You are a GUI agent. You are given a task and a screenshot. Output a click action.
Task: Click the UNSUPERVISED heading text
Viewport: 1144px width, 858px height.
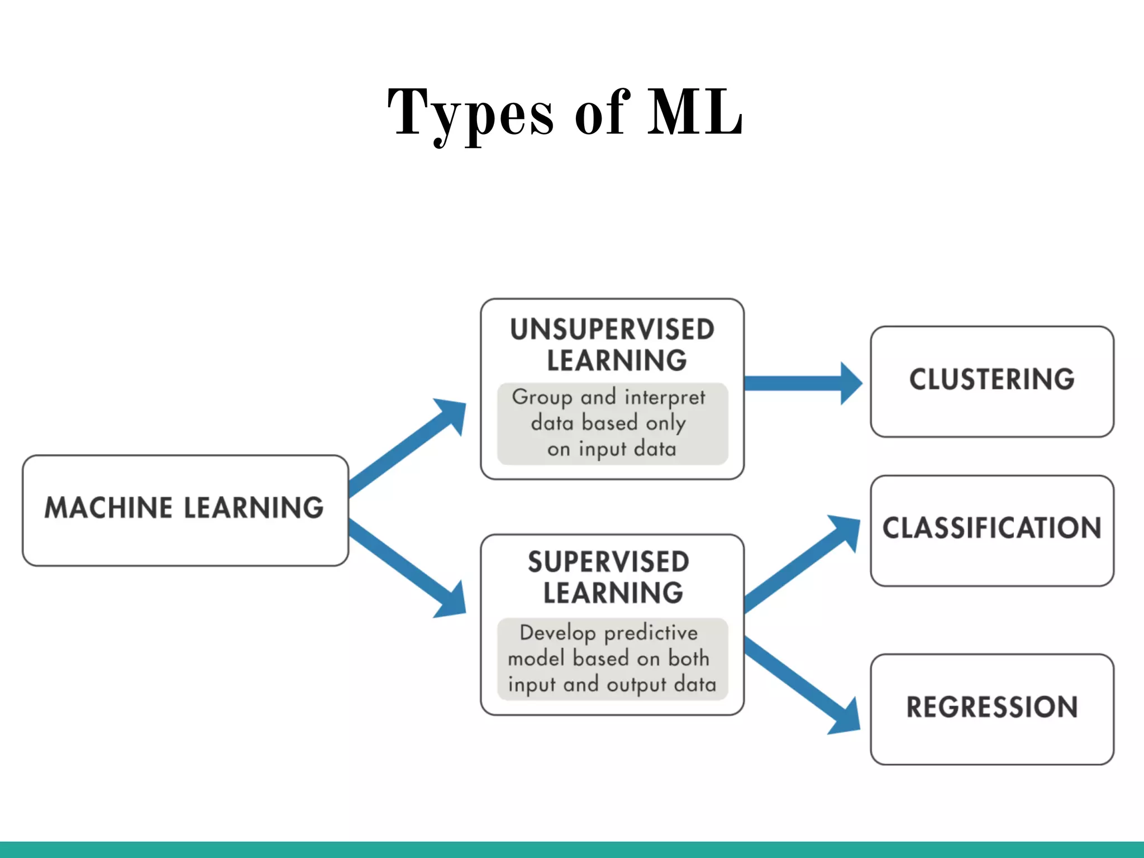tap(612, 330)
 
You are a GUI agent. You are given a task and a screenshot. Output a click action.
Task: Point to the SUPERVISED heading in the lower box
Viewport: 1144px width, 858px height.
tap(608, 562)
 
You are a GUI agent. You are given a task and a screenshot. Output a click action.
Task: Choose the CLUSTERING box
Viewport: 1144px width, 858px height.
tap(992, 381)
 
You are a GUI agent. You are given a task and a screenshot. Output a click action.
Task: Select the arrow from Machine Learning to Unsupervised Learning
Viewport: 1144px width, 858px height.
tap(408, 447)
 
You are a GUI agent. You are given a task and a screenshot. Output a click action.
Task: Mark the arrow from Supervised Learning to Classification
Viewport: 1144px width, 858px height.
tap(802, 564)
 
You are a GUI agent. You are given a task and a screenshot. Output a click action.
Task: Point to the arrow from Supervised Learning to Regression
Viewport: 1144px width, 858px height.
tap(802, 684)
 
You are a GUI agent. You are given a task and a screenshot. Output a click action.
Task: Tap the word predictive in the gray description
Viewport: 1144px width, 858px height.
tap(651, 633)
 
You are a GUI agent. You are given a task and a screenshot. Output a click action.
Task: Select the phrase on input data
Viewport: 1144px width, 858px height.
tap(612, 449)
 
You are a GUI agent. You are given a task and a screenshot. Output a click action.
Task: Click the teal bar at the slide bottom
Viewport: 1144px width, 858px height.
tap(572, 850)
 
